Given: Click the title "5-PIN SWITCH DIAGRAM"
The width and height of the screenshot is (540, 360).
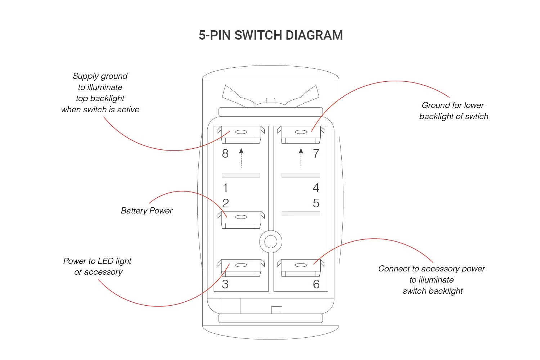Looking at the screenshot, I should (271, 35).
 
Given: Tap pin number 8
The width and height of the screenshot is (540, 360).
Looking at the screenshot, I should (225, 154).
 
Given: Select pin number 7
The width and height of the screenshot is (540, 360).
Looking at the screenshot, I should (316, 154).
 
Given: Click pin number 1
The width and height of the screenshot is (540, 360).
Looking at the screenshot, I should (225, 188).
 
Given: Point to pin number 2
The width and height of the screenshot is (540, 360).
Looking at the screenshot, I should (226, 203).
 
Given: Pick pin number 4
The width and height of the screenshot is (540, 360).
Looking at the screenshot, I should (316, 188).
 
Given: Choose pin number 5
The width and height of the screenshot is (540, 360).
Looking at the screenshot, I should (316, 203).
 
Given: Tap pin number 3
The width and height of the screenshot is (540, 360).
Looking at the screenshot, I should (225, 284).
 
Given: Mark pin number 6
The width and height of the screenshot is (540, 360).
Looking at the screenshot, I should (316, 284).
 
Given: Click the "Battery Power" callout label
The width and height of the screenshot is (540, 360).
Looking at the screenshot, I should (147, 211).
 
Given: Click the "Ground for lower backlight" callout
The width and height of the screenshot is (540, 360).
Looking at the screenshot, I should (454, 111).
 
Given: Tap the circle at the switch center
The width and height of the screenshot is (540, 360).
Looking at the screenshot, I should (271, 241).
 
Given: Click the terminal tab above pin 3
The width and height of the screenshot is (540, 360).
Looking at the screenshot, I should (241, 267).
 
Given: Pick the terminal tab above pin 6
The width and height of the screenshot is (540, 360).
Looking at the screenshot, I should (301, 267).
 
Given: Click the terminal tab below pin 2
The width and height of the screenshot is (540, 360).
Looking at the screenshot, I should (241, 220).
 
